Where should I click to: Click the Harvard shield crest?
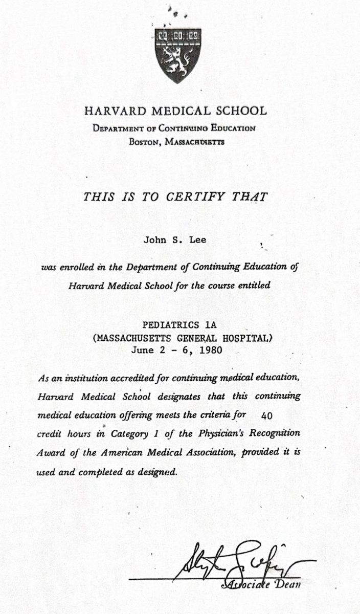pyautogui.click(x=178, y=56)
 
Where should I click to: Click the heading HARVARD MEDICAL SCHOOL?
pyautogui.click(x=175, y=111)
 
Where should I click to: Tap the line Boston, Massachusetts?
pyautogui.click(x=176, y=142)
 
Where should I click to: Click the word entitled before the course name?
pyautogui.click(x=253, y=286)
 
